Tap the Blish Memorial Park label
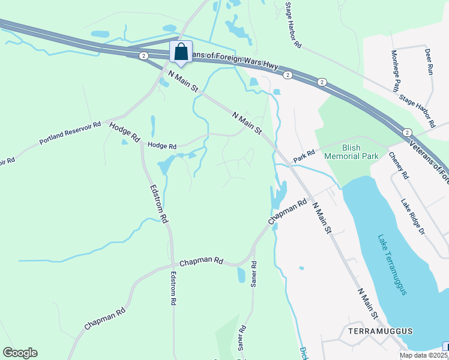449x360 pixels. (351, 151)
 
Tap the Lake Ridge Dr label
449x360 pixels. (413, 217)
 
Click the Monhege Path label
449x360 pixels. (396, 71)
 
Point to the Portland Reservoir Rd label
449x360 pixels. (70, 133)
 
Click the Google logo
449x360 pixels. (20, 353)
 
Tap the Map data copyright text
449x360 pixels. (423, 355)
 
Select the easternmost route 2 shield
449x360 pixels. (408, 132)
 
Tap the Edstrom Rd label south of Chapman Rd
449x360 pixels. (173, 289)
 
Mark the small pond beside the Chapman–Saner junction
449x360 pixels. (241, 275)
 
